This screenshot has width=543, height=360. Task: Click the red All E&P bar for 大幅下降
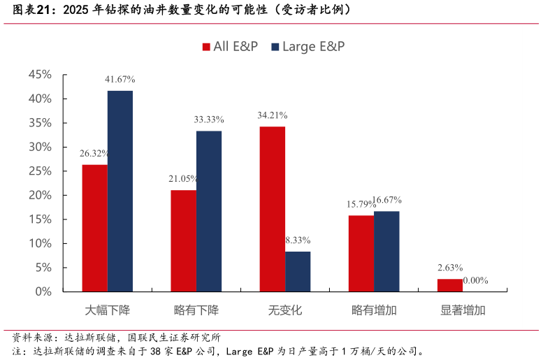pyautogui.click(x=94, y=228)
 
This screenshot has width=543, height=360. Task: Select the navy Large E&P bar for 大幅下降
pyautogui.click(x=120, y=191)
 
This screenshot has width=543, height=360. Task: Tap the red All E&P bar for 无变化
pyautogui.click(x=272, y=209)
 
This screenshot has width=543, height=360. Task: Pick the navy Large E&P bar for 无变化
pyautogui.click(x=298, y=271)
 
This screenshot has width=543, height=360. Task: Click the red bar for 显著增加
pyautogui.click(x=450, y=285)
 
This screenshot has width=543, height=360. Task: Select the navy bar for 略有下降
pyautogui.click(x=209, y=211)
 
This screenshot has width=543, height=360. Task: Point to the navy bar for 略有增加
pyautogui.click(x=386, y=251)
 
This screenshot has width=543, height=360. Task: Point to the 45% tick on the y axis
pyautogui.click(x=40, y=75)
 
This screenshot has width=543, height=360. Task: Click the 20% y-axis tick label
pyautogui.click(x=40, y=195)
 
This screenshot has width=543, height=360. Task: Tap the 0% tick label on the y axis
pyautogui.click(x=43, y=291)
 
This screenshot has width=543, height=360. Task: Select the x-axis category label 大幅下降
pyautogui.click(x=108, y=310)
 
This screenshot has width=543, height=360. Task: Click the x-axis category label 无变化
pyautogui.click(x=285, y=310)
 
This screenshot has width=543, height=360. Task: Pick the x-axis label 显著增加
pyautogui.click(x=463, y=310)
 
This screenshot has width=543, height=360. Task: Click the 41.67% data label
pyautogui.click(x=120, y=80)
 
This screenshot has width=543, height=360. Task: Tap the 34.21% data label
pyautogui.click(x=272, y=115)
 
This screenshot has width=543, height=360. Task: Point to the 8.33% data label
pyautogui.click(x=298, y=240)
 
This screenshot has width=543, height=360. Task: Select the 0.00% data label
pyautogui.click(x=476, y=280)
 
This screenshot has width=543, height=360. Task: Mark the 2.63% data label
pyautogui.click(x=450, y=268)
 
